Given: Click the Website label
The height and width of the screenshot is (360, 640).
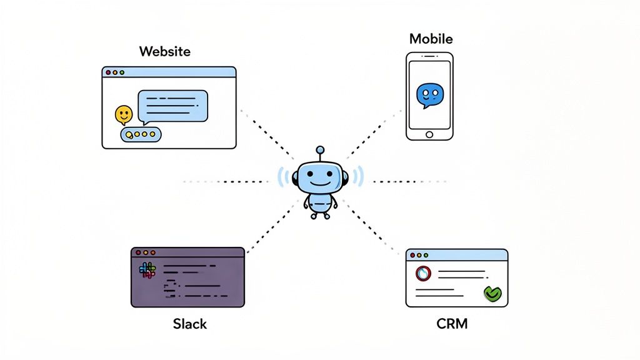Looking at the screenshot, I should click(165, 51).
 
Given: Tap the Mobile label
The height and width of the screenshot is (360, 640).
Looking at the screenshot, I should click(431, 39).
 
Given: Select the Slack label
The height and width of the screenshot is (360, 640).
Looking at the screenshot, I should click(189, 324).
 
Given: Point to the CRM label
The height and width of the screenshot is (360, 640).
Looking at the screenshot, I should click(452, 324).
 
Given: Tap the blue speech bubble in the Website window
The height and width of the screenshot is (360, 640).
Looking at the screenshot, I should click(172, 105).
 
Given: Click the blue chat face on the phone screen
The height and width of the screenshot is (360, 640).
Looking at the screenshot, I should click(429, 95).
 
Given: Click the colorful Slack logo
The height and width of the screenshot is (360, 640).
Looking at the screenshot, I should click(147, 270).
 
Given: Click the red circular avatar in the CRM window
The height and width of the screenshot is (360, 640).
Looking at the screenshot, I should click(423, 274).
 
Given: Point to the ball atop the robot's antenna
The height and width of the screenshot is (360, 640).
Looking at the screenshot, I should click(320, 150).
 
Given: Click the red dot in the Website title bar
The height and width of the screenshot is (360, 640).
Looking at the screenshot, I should click(108, 72).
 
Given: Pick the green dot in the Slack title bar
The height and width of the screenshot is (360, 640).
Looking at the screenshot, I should click(152, 252).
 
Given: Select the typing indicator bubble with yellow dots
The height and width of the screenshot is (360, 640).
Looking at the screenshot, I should click(141, 134).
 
